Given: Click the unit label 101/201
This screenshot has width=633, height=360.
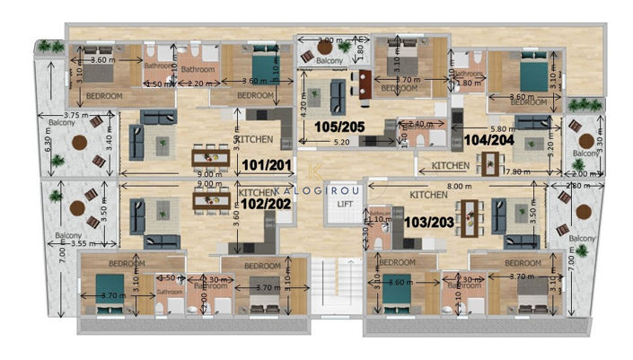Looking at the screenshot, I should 266,166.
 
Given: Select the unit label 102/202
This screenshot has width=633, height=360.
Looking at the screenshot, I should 266,205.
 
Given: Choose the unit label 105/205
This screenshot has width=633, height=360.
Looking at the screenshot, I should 339,127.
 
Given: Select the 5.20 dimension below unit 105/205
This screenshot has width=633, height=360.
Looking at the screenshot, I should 342,142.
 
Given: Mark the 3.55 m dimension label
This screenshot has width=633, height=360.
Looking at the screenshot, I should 84,243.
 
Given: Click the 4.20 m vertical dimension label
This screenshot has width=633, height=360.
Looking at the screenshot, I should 304,109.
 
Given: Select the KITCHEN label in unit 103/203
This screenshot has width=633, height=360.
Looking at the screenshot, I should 428,194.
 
